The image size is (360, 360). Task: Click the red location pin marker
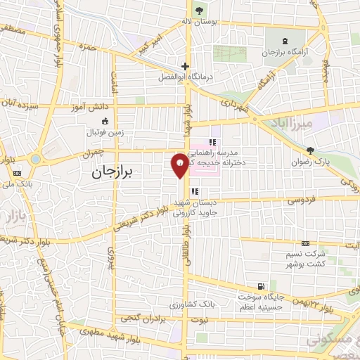(180, 165)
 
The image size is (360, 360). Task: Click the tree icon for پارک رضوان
(310, 150)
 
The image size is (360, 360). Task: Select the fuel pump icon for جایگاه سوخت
(262, 286)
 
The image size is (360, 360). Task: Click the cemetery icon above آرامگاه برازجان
(284, 40)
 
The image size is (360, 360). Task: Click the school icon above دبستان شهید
(195, 191)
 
